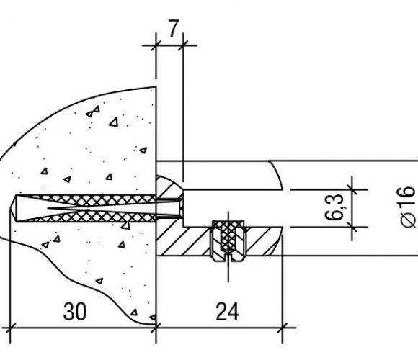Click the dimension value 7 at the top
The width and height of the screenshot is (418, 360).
[173, 29]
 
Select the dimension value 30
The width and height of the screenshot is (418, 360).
[75, 311]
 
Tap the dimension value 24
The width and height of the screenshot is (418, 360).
[227, 311]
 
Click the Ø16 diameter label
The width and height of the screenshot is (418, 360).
[408, 207]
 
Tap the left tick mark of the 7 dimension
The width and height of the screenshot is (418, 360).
[156, 45]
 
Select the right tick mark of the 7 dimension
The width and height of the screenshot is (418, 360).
[183, 45]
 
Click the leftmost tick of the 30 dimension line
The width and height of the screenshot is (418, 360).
[10, 328]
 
